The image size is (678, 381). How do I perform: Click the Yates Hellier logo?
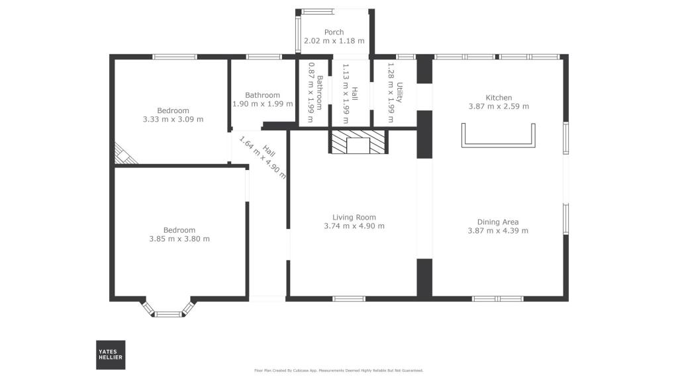(x=111, y=355)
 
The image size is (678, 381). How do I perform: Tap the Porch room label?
(x=334, y=32)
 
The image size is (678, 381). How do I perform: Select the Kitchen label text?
(x=499, y=97)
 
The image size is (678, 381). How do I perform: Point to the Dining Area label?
(x=498, y=222)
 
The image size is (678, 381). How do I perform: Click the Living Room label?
(x=354, y=217)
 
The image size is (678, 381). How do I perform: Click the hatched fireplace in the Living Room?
(x=358, y=142)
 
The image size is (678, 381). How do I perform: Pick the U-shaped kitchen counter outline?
(x=499, y=137)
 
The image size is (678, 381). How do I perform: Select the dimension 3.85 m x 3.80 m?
(x=179, y=239)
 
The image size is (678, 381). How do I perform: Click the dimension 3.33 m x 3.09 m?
(x=173, y=120)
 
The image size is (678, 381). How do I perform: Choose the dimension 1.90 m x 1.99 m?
(x=262, y=104)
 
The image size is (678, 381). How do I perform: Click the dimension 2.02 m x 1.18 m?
(x=334, y=41)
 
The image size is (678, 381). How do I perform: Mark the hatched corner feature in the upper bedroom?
(x=124, y=155)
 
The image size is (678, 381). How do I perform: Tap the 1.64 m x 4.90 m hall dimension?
(x=262, y=157)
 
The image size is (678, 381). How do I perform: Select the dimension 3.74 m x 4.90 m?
(x=354, y=226)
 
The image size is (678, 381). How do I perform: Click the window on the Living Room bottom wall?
(x=349, y=299)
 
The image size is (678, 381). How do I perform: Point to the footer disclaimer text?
(x=339, y=370)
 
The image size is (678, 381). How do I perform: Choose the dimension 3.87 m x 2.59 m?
(x=499, y=106)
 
